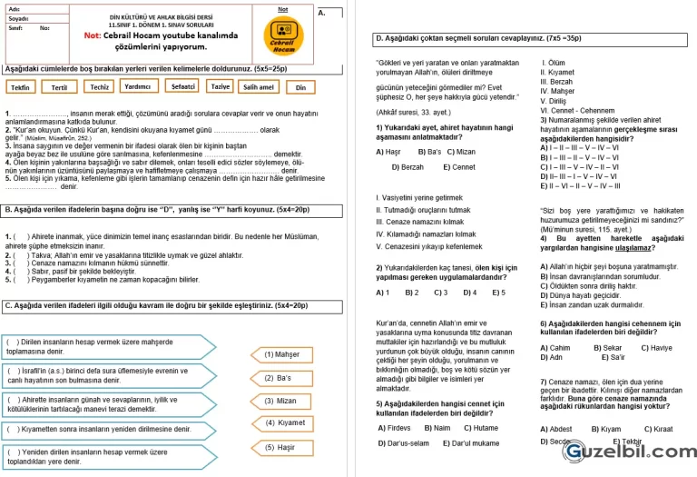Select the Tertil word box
[60, 88]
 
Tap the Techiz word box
[100, 87]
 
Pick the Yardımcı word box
[138, 87]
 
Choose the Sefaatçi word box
[182, 87]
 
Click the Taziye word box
[220, 86]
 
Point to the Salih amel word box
[259, 87]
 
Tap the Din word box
[301, 88]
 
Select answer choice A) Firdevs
[394, 427]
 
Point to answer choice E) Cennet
[459, 167]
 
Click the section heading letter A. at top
[323, 14]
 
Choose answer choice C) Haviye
[657, 348]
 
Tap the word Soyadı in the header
[18, 18]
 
